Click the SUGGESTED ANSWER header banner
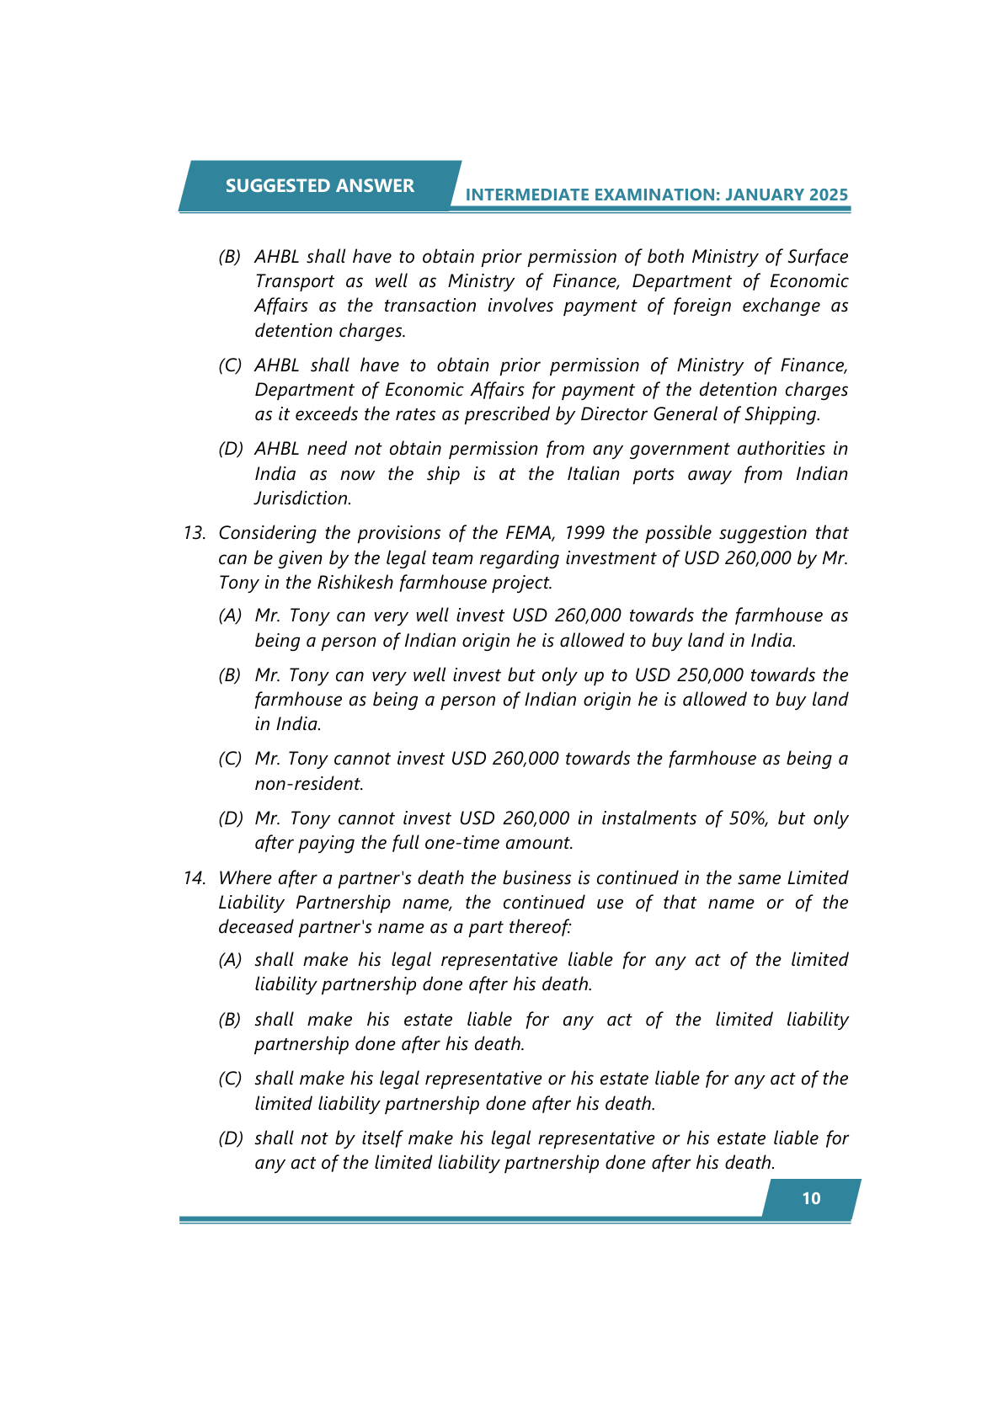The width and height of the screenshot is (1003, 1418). [x=320, y=185]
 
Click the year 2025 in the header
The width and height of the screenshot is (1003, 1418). [x=829, y=195]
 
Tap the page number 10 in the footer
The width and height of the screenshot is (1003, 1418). [x=811, y=1198]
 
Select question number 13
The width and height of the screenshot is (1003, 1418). [x=195, y=533]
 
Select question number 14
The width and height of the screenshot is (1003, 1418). [x=195, y=878]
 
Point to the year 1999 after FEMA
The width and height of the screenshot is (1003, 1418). [x=584, y=533]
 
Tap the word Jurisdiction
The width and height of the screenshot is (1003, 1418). [x=302, y=498]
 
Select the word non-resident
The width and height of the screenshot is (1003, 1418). [x=308, y=783]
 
